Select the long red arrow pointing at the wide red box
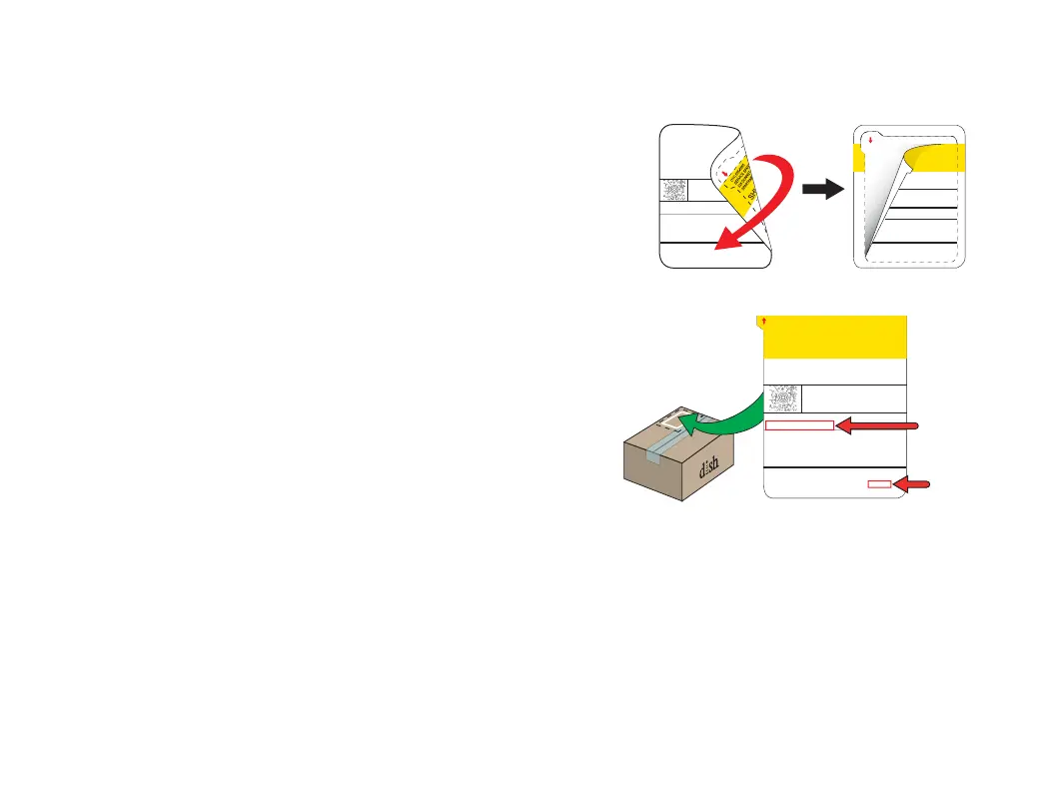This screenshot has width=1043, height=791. point(876,425)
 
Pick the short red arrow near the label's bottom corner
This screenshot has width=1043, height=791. point(913,484)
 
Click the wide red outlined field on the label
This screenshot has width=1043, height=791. point(799,425)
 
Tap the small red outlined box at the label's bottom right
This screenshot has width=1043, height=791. point(879,484)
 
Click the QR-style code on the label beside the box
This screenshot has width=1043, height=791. point(784,396)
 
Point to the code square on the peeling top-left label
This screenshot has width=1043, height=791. point(674,190)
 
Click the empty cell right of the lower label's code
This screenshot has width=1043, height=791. point(853,397)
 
